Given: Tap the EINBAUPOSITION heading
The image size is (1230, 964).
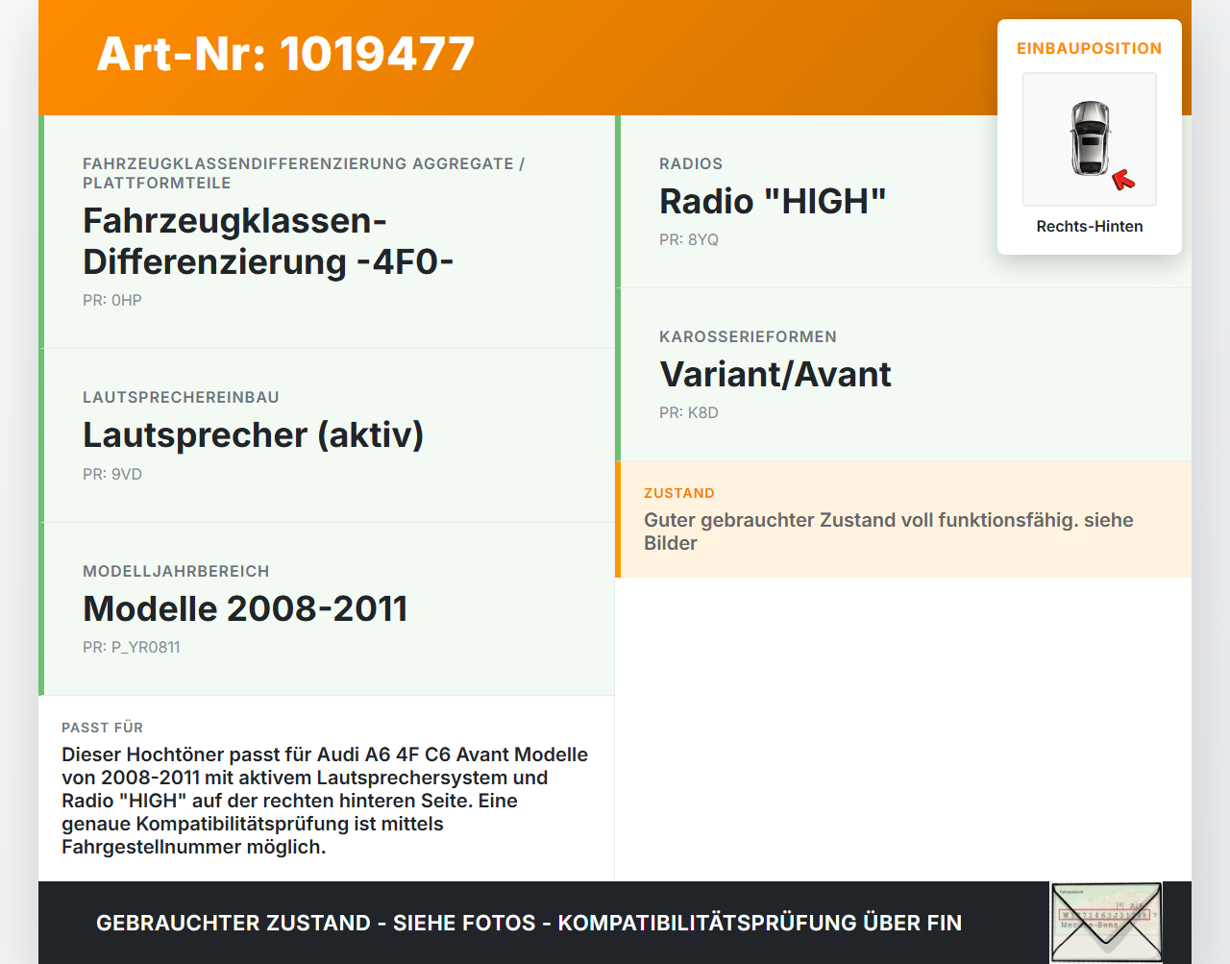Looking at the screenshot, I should tap(1089, 48).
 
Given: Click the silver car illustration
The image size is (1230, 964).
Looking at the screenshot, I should tap(1090, 138).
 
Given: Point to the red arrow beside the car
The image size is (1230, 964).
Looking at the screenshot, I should tap(1123, 180).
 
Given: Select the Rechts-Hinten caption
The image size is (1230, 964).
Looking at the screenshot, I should tap(1089, 226).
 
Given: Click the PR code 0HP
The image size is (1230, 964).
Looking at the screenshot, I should tap(112, 300).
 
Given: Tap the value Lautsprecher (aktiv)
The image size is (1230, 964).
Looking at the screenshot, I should tap(253, 434).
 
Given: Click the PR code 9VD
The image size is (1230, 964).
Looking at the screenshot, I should tap(112, 474).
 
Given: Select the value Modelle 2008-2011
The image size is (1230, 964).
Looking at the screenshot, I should tap(245, 608).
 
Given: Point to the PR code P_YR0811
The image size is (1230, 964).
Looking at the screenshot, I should tap(132, 647).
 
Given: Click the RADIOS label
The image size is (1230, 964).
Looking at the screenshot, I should tap(691, 163).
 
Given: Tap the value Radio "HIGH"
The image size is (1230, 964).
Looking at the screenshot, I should tap(773, 201).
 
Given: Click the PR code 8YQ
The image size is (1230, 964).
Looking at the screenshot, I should tap(689, 239).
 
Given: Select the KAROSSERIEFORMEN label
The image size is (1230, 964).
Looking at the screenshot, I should tap(748, 336).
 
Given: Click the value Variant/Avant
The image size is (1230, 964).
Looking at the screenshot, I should tap(775, 374).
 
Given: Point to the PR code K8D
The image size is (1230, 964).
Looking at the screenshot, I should tap(689, 412).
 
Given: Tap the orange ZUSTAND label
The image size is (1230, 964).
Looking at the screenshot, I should tap(678, 493).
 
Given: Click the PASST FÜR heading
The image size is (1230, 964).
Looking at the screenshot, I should tap(102, 728).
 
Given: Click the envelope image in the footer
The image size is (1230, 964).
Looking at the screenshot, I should tap(1106, 922).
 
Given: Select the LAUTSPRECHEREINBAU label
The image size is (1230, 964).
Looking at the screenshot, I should tap(181, 397).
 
